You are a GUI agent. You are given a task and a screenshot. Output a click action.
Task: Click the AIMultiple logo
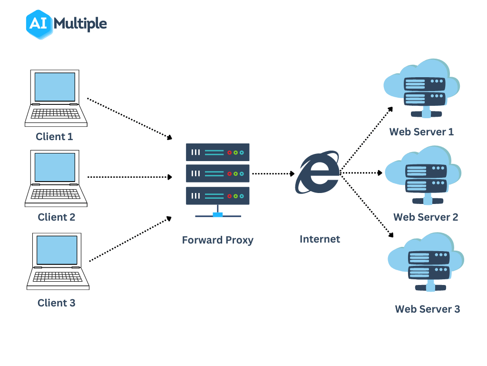click(67, 24)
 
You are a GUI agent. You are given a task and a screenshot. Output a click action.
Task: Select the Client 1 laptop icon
click(56, 98)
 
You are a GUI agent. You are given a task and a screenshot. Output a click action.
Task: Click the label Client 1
click(55, 137)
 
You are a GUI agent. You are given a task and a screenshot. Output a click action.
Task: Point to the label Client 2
click(57, 217)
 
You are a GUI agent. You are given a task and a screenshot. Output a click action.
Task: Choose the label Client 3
click(57, 303)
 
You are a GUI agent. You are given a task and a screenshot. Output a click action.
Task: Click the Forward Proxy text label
click(217, 240)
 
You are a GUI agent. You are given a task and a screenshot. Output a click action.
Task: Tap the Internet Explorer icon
click(317, 173)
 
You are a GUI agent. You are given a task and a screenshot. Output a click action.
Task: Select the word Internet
click(320, 239)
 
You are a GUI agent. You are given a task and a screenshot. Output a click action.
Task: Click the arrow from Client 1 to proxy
click(129, 119)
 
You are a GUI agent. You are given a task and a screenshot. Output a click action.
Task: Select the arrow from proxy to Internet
click(273, 174)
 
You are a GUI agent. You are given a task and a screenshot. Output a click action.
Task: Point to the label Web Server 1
click(421, 132)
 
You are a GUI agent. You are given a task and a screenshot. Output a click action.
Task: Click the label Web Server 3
click(427, 309)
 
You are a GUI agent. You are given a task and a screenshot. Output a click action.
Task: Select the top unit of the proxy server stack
click(217, 152)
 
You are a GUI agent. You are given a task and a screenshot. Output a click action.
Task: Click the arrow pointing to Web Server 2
click(361, 173)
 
